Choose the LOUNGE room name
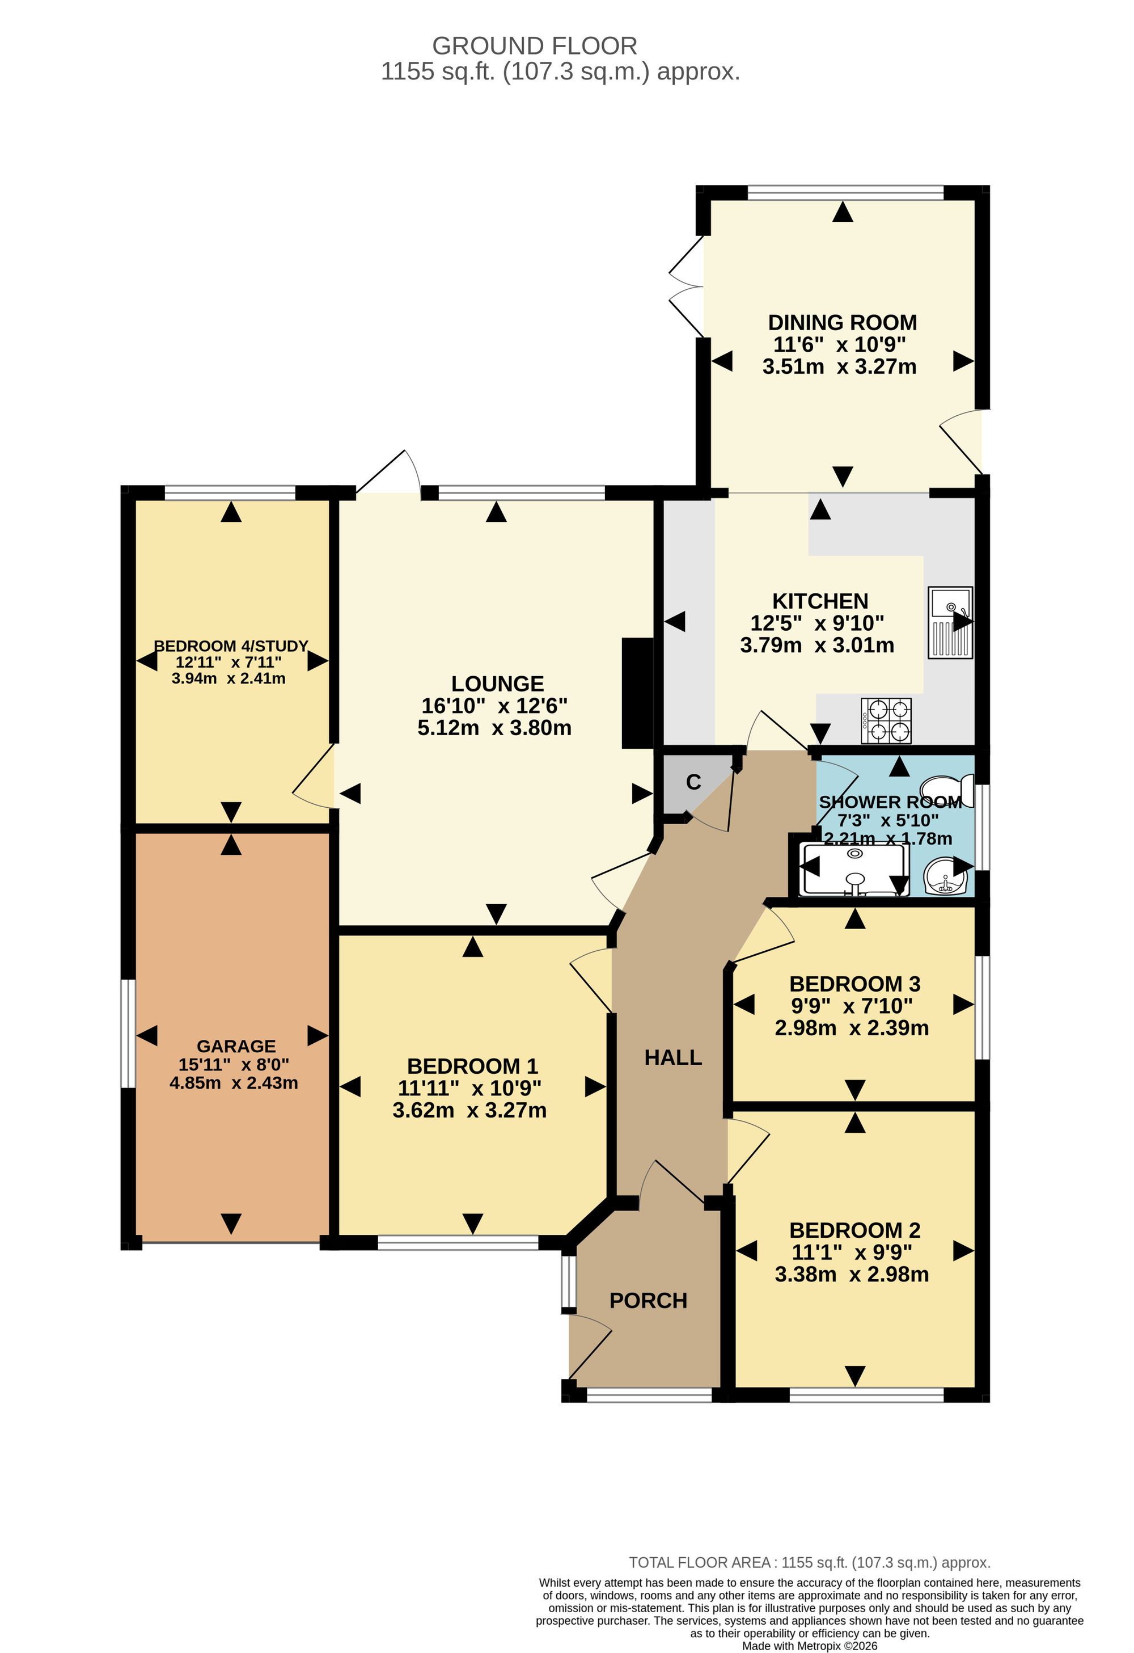pyautogui.click(x=498, y=684)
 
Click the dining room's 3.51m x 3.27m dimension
pyautogui.click(x=840, y=367)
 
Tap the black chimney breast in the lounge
pyautogui.click(x=638, y=693)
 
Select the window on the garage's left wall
pyautogui.click(x=128, y=1034)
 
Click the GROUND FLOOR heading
pyautogui.click(x=535, y=47)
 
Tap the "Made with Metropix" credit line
pyautogui.click(x=810, y=1646)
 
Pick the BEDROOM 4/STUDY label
pyautogui.click(x=231, y=646)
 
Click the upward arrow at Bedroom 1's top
pyautogui.click(x=473, y=946)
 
